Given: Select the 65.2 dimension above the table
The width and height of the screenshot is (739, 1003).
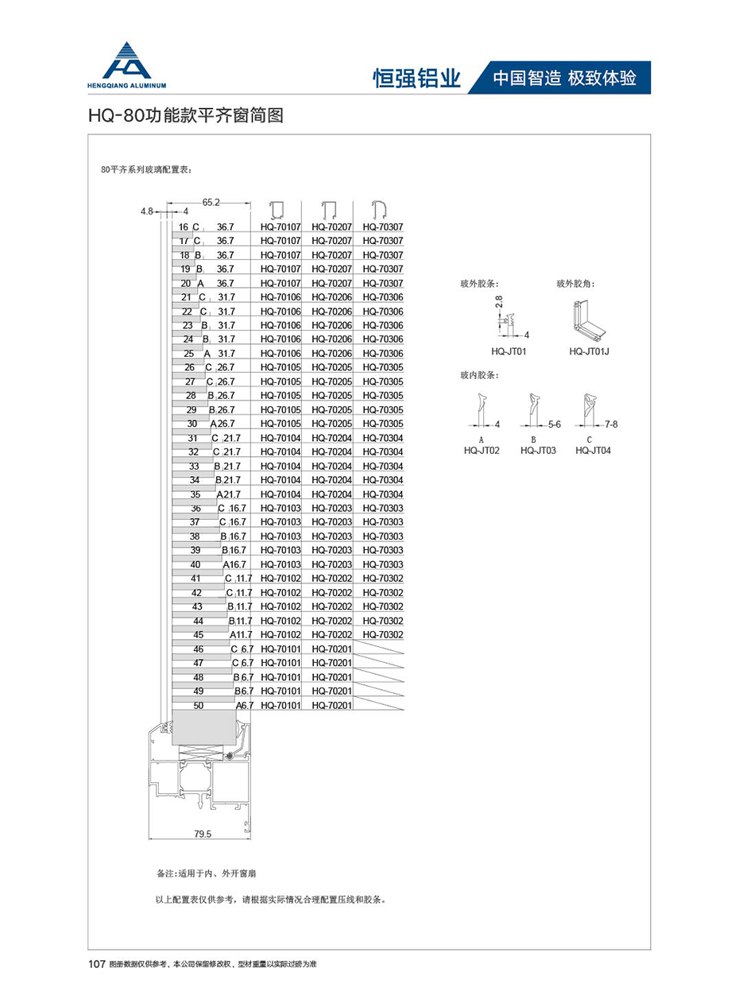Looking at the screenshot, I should [x=212, y=203].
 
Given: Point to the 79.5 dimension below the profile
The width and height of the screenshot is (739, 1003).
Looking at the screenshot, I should [x=203, y=834].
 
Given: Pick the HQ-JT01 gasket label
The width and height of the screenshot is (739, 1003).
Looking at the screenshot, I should [x=509, y=350].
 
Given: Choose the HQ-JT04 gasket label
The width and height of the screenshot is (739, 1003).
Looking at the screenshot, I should [x=591, y=451].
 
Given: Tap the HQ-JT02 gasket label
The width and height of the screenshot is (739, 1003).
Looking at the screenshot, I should [x=482, y=451].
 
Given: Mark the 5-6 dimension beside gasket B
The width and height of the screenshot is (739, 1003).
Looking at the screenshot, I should [x=554, y=424].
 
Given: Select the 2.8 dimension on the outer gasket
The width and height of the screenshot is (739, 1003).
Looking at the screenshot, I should [x=499, y=303].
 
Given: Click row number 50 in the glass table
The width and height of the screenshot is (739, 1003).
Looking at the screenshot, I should [x=198, y=705].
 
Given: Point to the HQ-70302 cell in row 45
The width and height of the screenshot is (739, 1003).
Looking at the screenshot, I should [x=383, y=634].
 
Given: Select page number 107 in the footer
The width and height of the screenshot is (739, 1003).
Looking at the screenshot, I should [x=97, y=964].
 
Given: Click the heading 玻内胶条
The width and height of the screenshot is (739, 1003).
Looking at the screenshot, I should [x=479, y=374].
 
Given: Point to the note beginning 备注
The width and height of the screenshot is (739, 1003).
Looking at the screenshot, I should [x=207, y=873].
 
